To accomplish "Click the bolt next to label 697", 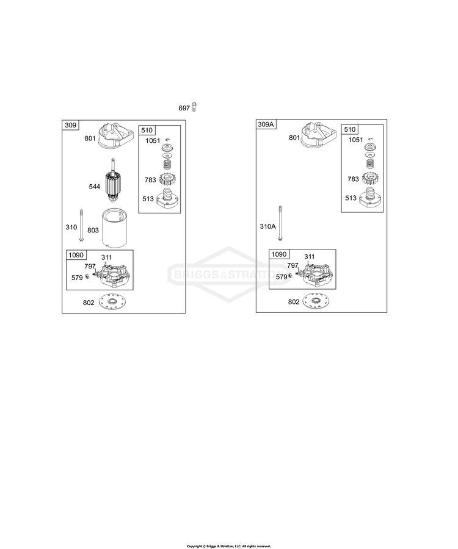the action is click(194, 107).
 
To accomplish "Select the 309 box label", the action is click(70, 125).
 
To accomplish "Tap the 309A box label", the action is click(266, 124).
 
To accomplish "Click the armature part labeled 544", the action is click(113, 184).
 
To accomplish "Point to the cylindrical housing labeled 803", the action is click(115, 228).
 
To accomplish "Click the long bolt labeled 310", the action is click(81, 225).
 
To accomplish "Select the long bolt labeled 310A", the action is click(280, 223).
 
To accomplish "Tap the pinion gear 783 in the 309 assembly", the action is click(167, 180).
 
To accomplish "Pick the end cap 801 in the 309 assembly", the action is click(115, 135).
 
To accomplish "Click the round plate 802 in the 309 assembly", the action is click(113, 302).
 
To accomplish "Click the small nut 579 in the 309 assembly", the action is click(87, 276).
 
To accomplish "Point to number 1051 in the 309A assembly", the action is click(355, 140).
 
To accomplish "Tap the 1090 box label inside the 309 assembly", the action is click(76, 255).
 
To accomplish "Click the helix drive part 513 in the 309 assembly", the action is click(168, 197).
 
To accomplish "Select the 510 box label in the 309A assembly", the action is click(350, 129).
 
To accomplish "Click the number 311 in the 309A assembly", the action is click(310, 256).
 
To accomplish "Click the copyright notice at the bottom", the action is click(229, 546).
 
